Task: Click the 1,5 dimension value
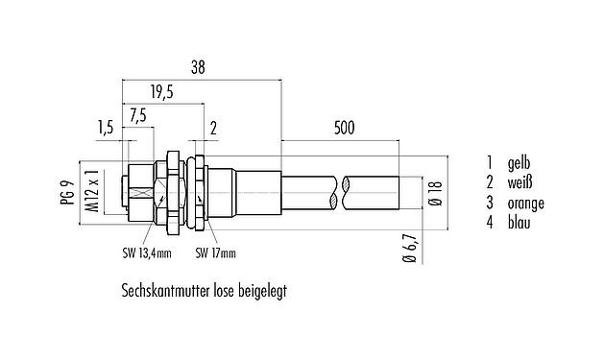pos(107,129)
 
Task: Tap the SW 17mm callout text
pos(215,254)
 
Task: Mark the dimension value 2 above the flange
pos(213,129)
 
